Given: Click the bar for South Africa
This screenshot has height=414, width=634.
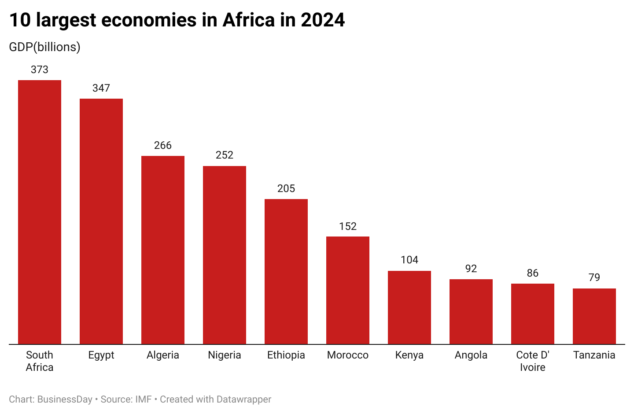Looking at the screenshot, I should pyautogui.click(x=40, y=212).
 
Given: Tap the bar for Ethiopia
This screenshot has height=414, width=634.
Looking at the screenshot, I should pyautogui.click(x=286, y=271).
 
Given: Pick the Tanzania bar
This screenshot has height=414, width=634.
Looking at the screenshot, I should pyautogui.click(x=594, y=316).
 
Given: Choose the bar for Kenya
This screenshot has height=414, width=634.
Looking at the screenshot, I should pyautogui.click(x=409, y=307).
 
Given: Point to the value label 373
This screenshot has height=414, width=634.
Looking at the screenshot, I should pyautogui.click(x=40, y=70).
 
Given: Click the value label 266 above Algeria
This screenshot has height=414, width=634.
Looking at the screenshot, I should pyautogui.click(x=163, y=145).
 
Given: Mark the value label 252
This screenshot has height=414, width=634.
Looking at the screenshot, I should pyautogui.click(x=225, y=155).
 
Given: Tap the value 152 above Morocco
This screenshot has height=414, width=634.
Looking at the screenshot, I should pyautogui.click(x=348, y=226).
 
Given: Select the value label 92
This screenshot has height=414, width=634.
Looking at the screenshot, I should pyautogui.click(x=471, y=269).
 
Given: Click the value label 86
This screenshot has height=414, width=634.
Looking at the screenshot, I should pyautogui.click(x=533, y=273).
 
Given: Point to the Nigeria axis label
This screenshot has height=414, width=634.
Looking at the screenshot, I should pyautogui.click(x=225, y=355).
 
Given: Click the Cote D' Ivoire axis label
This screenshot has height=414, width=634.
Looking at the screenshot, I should pyautogui.click(x=533, y=361).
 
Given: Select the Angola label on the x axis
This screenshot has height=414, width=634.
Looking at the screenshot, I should pyautogui.click(x=471, y=355).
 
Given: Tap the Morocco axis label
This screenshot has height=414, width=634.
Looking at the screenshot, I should pyautogui.click(x=348, y=355).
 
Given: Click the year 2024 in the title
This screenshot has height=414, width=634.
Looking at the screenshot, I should pyautogui.click(x=323, y=20).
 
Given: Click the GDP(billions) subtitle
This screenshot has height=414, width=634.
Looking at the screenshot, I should pyautogui.click(x=44, y=47).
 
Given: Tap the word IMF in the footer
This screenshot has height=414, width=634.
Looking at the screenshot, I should pyautogui.click(x=144, y=399).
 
